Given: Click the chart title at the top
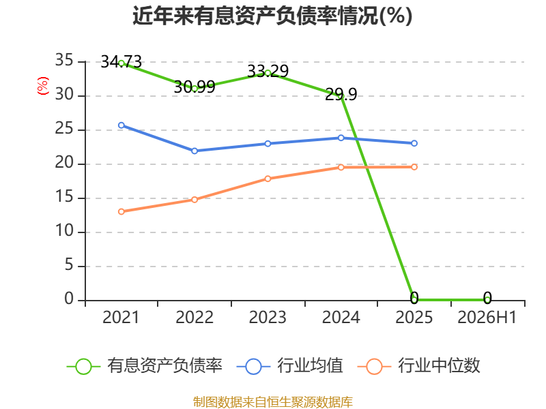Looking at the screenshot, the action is point(272,16).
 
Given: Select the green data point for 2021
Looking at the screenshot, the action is point(121,63).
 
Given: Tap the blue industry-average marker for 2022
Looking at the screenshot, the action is point(195,151).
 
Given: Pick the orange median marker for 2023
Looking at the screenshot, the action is point(268,179).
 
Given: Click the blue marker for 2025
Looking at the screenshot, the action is point(414,143).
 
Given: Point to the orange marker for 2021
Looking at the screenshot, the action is point(121,211).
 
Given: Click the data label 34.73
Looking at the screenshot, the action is point(121,62).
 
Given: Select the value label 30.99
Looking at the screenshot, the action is point(195,87).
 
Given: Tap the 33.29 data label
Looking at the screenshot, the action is point(268,72).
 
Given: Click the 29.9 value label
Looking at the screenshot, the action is point(341,94).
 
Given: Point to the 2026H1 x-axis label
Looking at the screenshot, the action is point(487,317).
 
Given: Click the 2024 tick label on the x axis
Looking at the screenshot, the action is point(341,317).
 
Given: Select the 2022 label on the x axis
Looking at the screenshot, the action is point(195,317).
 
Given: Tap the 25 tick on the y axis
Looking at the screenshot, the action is point(64,129).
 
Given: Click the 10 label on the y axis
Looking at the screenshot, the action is point(64,231).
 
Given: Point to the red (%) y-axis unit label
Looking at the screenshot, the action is point(43,86).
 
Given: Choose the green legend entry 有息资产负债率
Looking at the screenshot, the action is point(144,366).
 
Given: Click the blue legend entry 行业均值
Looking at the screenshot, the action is point(289,366).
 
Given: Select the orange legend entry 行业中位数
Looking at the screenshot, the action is point(418,366).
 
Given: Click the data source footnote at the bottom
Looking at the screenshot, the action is point(272,402).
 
